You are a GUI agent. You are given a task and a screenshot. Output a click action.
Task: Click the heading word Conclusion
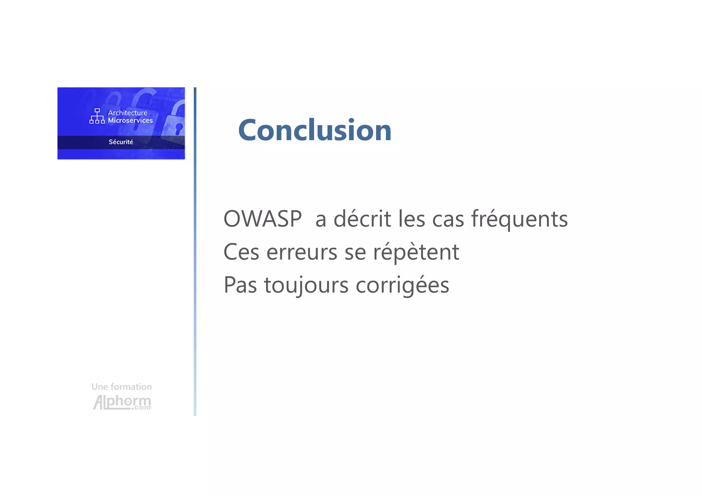[x=315, y=130]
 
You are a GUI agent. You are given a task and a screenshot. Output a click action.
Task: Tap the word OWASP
[x=263, y=219]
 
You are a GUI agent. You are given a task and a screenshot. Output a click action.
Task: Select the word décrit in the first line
[x=362, y=219]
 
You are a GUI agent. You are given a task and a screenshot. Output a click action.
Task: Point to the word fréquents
[x=519, y=219]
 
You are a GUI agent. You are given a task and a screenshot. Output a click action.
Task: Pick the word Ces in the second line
[x=241, y=252]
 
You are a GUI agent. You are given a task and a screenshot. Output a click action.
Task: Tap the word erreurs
[x=302, y=252]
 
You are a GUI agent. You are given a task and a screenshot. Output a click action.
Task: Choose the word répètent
[x=416, y=252]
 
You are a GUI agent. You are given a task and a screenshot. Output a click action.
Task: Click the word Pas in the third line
[x=240, y=285]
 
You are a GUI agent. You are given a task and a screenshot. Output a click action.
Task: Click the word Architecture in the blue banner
[x=128, y=113]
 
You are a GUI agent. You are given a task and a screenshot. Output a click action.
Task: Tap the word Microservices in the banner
[x=130, y=120]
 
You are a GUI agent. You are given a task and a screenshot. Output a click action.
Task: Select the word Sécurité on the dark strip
[x=121, y=142]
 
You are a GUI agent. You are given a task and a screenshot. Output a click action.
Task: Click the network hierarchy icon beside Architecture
[x=97, y=116]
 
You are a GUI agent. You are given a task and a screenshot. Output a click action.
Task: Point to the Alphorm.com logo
[x=122, y=402]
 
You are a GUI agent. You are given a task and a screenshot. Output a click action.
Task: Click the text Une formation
[x=122, y=387]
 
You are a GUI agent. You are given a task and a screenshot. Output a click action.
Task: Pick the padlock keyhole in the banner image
[x=179, y=129]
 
